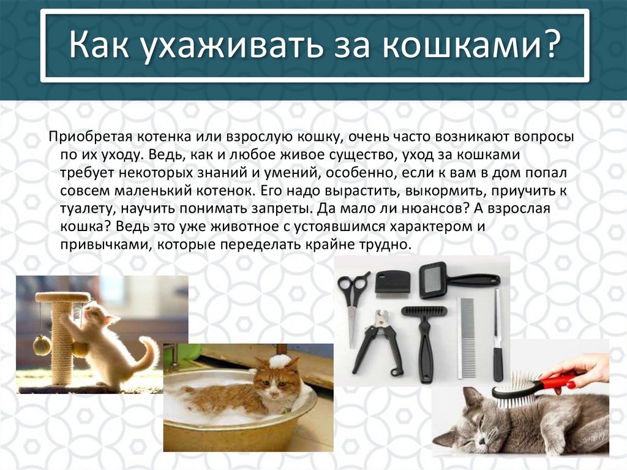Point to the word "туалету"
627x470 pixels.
pos(83,208)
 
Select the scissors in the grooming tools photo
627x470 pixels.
pos(353,300)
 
